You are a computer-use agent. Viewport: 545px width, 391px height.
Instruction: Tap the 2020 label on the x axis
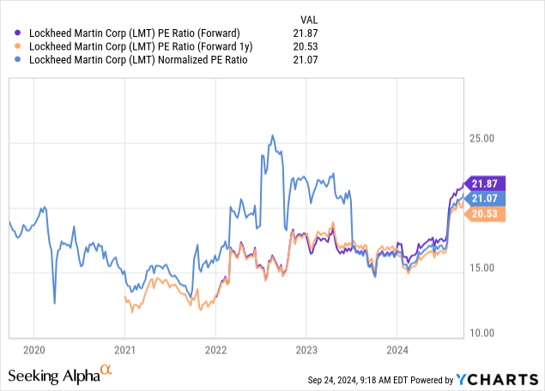(x=33, y=350)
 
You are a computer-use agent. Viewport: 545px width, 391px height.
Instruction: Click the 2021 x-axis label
(x=124, y=350)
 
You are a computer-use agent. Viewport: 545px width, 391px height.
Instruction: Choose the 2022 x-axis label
(x=215, y=350)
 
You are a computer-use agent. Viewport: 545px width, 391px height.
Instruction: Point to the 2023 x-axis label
(x=306, y=350)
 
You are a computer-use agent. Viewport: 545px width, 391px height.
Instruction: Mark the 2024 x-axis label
(x=397, y=350)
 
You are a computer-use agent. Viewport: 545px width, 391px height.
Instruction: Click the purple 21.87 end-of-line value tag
(x=486, y=183)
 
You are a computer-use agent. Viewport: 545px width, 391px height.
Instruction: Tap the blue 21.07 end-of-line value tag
(x=486, y=199)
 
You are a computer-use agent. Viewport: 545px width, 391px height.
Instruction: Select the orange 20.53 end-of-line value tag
(x=486, y=214)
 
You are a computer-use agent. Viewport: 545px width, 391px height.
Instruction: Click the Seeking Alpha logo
(x=60, y=375)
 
